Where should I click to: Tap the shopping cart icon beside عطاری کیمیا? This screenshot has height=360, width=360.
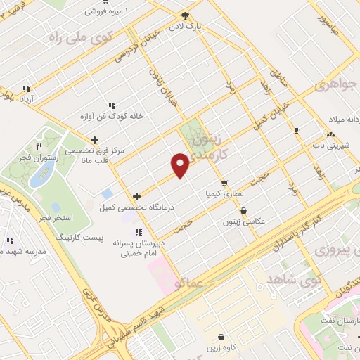224,184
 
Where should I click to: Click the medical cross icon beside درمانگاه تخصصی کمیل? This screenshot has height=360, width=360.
136,196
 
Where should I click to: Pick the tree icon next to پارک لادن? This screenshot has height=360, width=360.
186,15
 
